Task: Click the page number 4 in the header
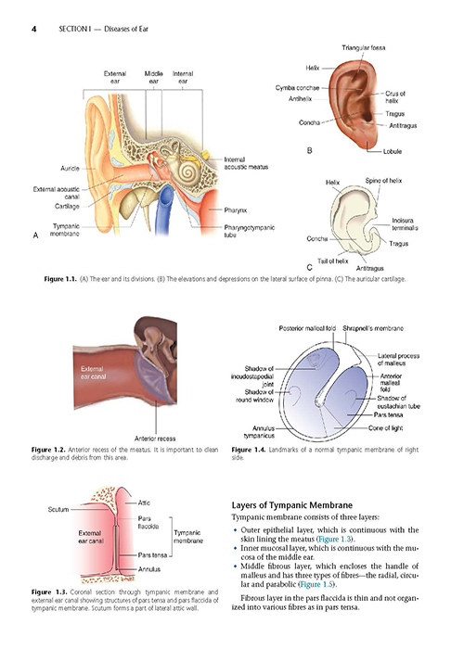coord(34,29)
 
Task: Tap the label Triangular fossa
coord(364,47)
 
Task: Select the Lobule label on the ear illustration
coord(392,151)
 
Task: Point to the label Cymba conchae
coord(298,88)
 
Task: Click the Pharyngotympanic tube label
coord(249,231)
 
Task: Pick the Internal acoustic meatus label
coord(246,163)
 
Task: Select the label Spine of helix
coord(383,181)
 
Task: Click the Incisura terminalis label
coord(405,224)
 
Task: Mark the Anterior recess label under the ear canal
coord(155,439)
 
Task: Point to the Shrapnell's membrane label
coord(373,328)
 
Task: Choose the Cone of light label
coord(385,428)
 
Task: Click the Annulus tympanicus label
coord(259,432)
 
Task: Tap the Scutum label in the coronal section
coord(58,509)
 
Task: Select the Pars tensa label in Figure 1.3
coord(152,555)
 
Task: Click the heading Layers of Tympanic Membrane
coord(292,505)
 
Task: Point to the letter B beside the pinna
coord(309,150)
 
